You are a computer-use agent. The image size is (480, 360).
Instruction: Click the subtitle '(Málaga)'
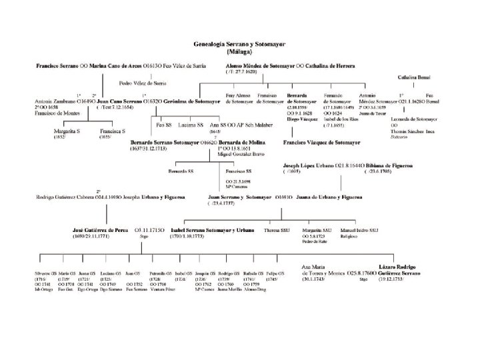click(x=239, y=50)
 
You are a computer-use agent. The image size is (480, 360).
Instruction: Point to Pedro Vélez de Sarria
click(x=142, y=83)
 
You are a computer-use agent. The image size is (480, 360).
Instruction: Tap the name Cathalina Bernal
click(x=415, y=78)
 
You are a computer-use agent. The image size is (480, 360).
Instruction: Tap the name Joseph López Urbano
click(x=307, y=165)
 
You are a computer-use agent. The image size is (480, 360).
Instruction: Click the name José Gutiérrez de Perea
click(x=99, y=229)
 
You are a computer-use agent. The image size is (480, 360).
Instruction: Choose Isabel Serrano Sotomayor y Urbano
click(x=213, y=229)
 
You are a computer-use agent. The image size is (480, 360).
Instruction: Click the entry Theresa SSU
click(x=277, y=229)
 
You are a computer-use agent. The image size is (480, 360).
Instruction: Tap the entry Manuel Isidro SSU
click(x=359, y=229)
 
